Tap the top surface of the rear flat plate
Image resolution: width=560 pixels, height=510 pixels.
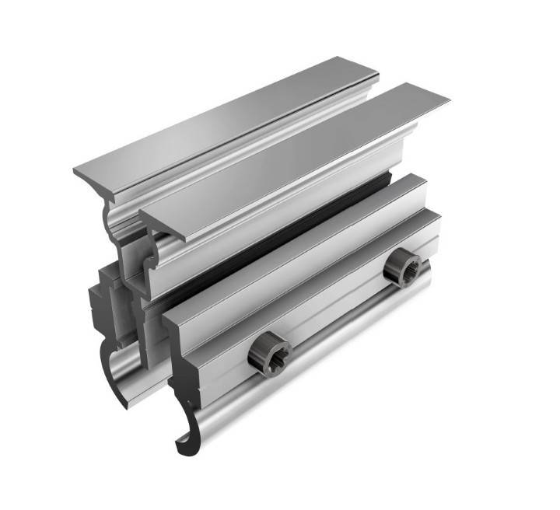pos(233,117)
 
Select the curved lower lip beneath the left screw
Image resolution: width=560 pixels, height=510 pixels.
pos(233,412)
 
